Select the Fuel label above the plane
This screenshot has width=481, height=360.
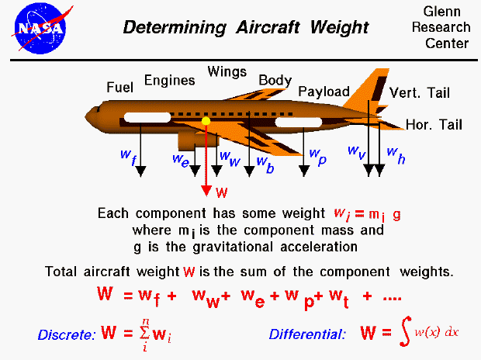coord(120,87)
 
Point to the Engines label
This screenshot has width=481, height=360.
coord(169,80)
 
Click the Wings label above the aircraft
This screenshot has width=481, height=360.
coord(227,72)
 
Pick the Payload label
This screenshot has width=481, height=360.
coord(324,91)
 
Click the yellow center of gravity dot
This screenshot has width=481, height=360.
coord(206,121)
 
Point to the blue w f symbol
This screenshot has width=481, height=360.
coord(129,156)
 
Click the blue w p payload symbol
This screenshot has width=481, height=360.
coord(317,156)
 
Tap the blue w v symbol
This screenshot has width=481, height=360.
coord(356,151)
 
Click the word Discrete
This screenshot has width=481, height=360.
coord(66,335)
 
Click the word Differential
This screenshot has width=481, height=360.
coord(307,335)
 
